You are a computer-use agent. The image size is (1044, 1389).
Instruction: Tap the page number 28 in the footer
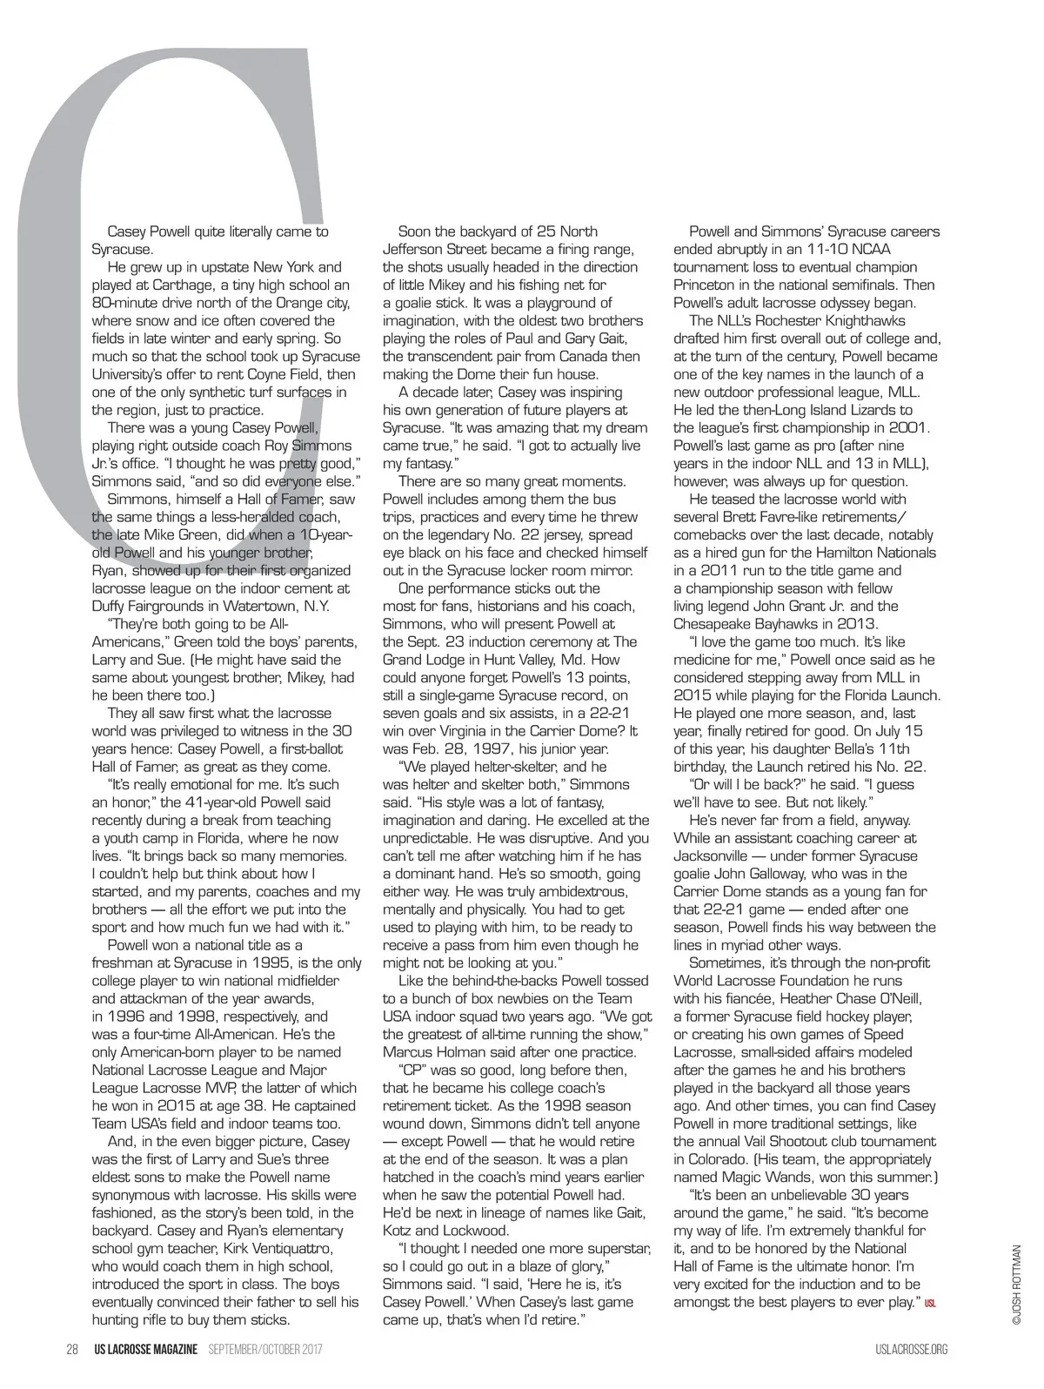[73, 1349]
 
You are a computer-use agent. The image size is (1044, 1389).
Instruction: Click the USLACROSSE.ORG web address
[911, 1349]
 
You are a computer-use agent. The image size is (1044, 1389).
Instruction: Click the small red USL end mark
[929, 1303]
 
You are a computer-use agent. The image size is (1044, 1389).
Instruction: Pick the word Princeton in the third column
[704, 285]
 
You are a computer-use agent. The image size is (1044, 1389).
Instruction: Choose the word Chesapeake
[713, 623]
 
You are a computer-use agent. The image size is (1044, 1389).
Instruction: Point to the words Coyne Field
[265, 373]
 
